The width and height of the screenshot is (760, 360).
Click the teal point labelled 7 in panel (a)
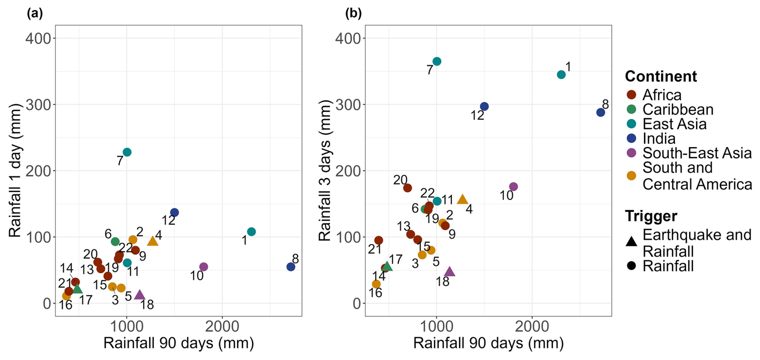(x=127, y=152)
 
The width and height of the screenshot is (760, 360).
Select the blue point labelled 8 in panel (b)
(x=601, y=112)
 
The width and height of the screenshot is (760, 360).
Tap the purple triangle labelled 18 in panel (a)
(x=139, y=295)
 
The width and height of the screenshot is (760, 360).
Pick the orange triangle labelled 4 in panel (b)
(x=462, y=199)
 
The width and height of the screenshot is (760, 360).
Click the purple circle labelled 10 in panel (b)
(x=513, y=187)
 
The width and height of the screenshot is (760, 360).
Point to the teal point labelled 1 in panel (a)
(x=251, y=232)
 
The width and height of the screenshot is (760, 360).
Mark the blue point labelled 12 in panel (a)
(x=174, y=213)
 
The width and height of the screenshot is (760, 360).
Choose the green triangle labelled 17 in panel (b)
(x=387, y=266)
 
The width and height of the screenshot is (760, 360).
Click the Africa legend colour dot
(x=631, y=95)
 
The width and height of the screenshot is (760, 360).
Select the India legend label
(x=659, y=139)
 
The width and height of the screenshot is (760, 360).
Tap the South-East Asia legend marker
(x=631, y=153)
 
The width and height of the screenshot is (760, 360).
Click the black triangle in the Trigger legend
(x=631, y=241)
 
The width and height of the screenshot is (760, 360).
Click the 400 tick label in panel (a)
(x=39, y=39)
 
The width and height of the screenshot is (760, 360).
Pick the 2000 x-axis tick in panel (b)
(x=532, y=326)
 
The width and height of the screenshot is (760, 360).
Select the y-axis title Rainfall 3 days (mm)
(x=325, y=171)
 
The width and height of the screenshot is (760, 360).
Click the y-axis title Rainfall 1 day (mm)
(x=15, y=171)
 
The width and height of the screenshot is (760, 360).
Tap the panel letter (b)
(x=353, y=14)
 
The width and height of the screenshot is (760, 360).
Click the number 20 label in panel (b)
(x=400, y=180)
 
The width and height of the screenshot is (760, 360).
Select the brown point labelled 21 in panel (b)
(x=378, y=240)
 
